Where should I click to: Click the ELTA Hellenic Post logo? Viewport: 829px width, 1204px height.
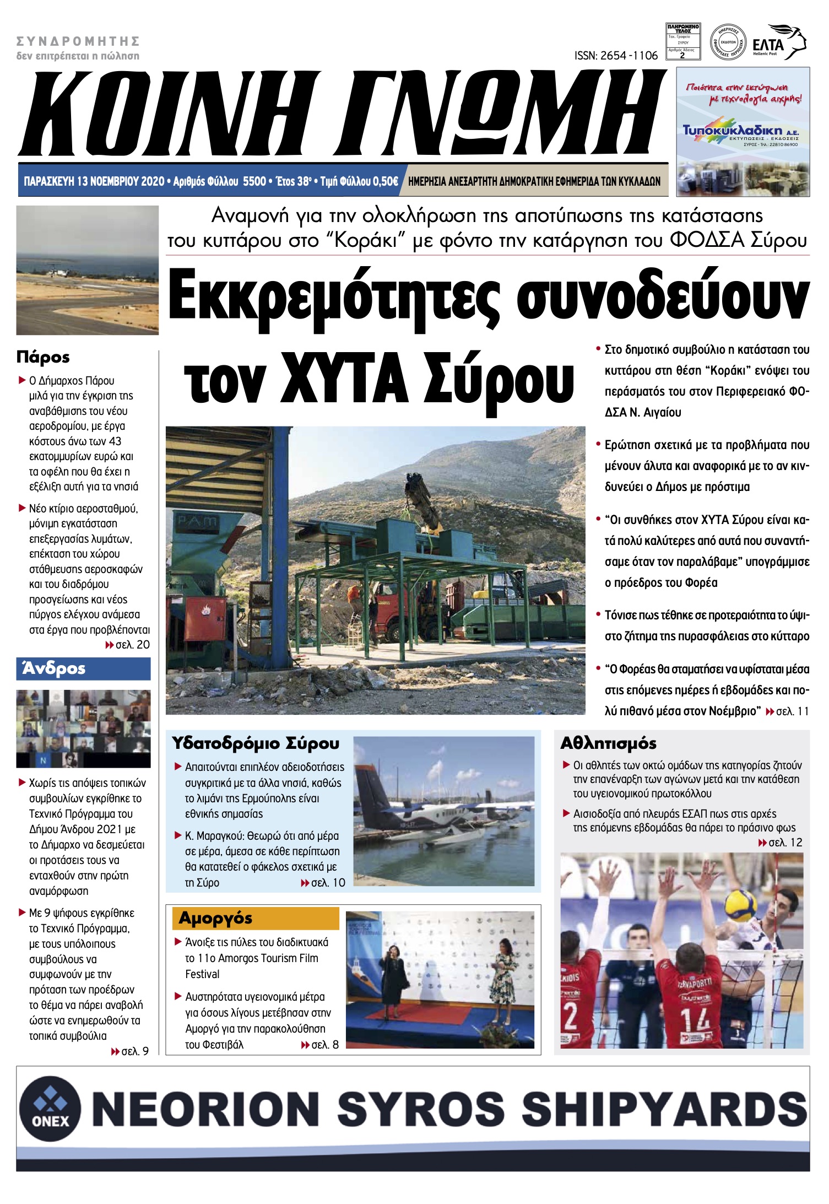pyautogui.click(x=779, y=42)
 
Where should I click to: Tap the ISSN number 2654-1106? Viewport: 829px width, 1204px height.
pyautogui.click(x=616, y=56)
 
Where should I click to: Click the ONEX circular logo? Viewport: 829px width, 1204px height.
pyautogui.click(x=50, y=1108)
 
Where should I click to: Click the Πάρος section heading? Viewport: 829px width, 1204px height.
pyautogui.click(x=43, y=357)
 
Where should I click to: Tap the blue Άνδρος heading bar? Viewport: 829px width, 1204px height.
pyautogui.click(x=83, y=668)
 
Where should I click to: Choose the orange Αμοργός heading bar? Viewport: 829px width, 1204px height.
pyautogui.click(x=255, y=919)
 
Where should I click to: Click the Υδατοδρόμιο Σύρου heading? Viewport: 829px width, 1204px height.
pyautogui.click(x=255, y=743)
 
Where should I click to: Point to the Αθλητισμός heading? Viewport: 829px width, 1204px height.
pyautogui.click(x=608, y=743)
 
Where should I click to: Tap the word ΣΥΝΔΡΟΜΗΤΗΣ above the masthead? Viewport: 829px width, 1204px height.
pyautogui.click(x=78, y=41)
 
